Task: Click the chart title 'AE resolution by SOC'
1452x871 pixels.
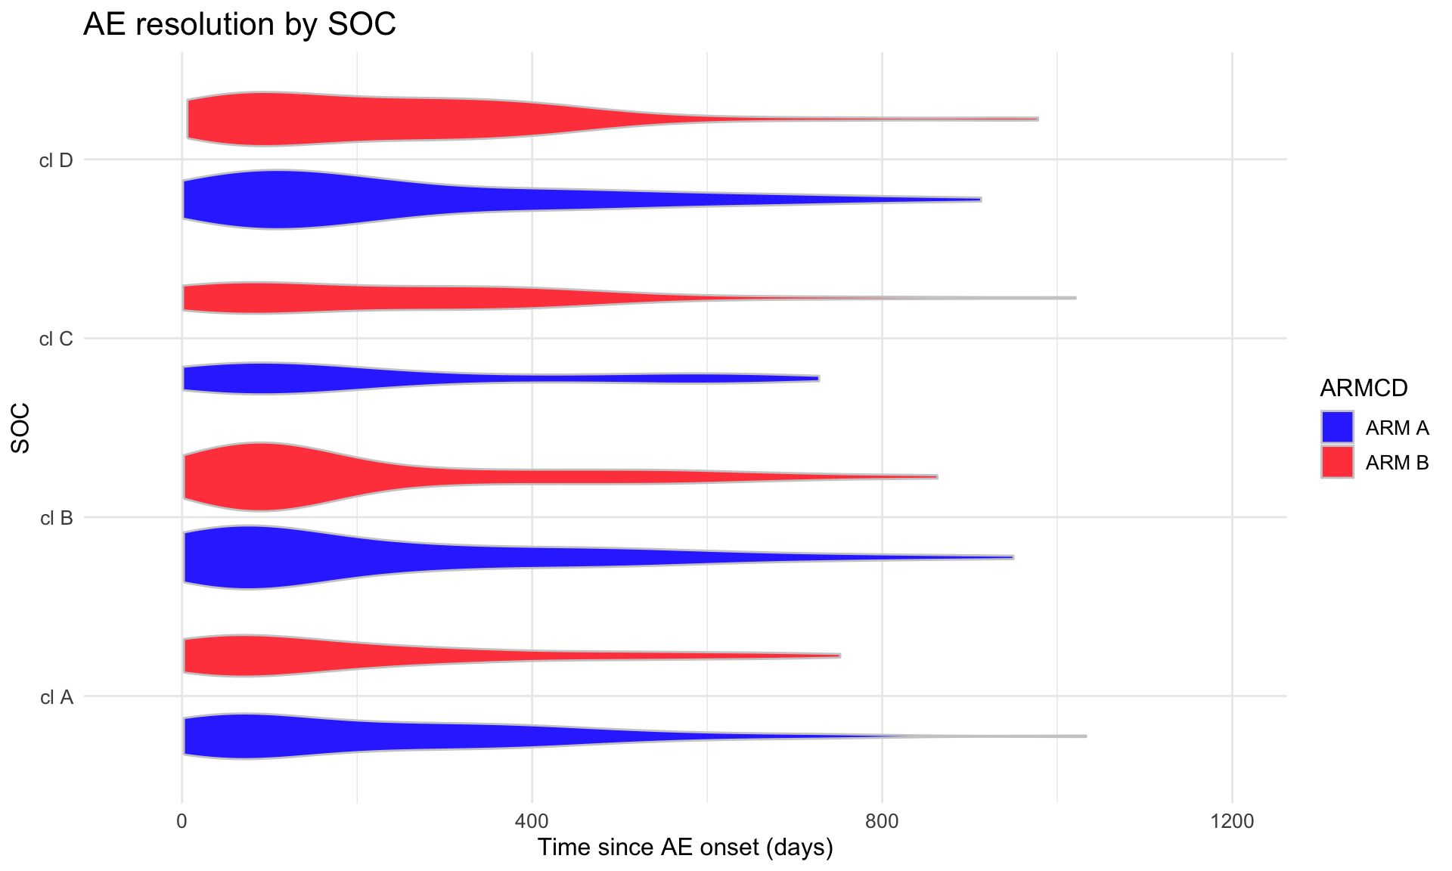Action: tap(239, 24)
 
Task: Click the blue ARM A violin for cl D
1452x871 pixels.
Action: tap(302, 200)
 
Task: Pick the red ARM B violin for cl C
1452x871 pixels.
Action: tap(302, 298)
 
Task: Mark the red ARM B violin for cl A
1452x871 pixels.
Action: tap(265, 656)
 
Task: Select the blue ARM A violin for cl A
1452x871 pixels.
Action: tap(265, 736)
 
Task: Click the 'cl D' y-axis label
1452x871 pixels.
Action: tap(56, 160)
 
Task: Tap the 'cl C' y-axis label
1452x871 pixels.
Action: tap(56, 339)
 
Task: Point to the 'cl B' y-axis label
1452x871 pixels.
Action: tap(56, 518)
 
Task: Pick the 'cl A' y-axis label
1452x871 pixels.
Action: tap(57, 697)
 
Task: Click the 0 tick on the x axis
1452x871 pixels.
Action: tap(181, 821)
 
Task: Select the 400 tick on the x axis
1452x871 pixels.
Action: tap(532, 821)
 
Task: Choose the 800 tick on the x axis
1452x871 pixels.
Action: tap(883, 821)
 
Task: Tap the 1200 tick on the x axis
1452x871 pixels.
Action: tap(1232, 821)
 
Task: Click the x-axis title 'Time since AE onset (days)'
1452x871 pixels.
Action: tap(685, 848)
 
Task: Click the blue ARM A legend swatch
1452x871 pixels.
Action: tap(1337, 427)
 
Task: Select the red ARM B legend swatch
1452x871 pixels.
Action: tap(1337, 462)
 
